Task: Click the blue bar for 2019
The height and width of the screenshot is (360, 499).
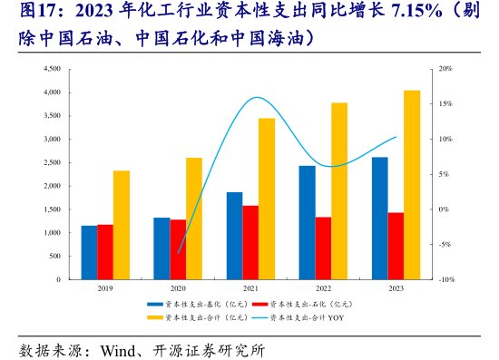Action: [x=88, y=253]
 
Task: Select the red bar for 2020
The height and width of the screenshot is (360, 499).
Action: [x=178, y=249]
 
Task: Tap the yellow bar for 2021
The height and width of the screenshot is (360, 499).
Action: [x=267, y=199]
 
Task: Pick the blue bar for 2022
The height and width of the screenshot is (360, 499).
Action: [x=307, y=223]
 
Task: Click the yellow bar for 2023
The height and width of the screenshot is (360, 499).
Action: [x=412, y=185]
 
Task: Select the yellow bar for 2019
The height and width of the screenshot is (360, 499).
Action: [x=122, y=225]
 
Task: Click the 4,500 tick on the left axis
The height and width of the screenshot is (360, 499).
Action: [x=51, y=69]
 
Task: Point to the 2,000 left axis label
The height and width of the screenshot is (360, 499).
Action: [x=51, y=186]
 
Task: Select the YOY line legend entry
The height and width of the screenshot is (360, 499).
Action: [x=299, y=317]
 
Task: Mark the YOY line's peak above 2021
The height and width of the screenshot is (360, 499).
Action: [x=257, y=97]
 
